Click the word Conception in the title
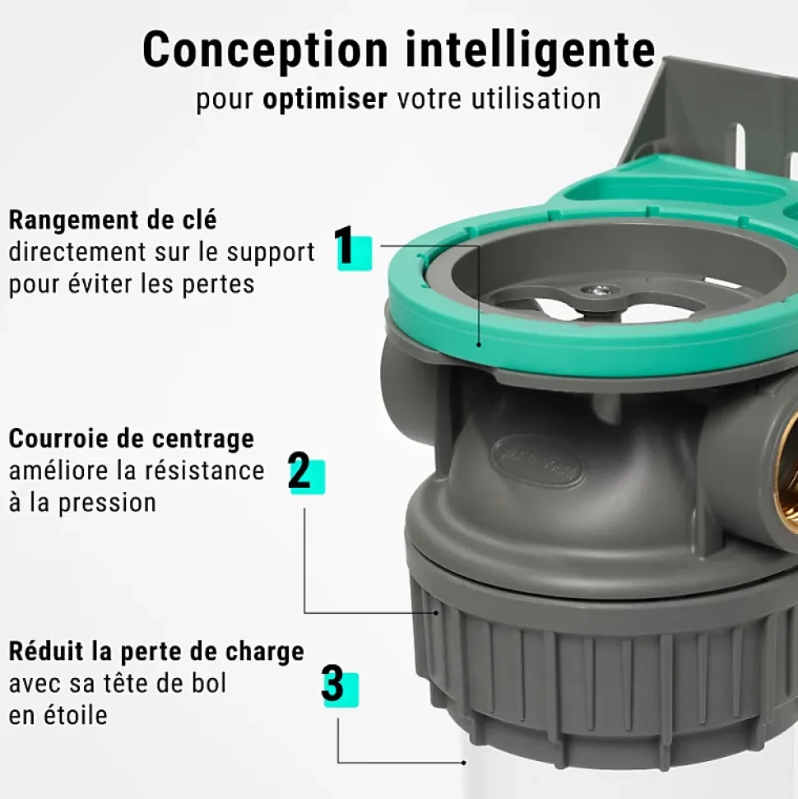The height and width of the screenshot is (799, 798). [x=265, y=51]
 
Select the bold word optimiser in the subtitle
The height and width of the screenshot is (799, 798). [x=325, y=99]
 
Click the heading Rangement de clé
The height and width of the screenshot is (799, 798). [x=113, y=221]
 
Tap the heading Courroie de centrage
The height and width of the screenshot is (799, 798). [x=131, y=439]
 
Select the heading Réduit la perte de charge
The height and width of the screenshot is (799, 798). [x=156, y=652]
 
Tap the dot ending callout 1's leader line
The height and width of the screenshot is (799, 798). [x=479, y=345]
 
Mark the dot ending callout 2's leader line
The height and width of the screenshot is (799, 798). [x=437, y=612]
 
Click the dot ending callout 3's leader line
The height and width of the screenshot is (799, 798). [x=464, y=763]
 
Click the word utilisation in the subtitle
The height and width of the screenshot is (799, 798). [x=536, y=99]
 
